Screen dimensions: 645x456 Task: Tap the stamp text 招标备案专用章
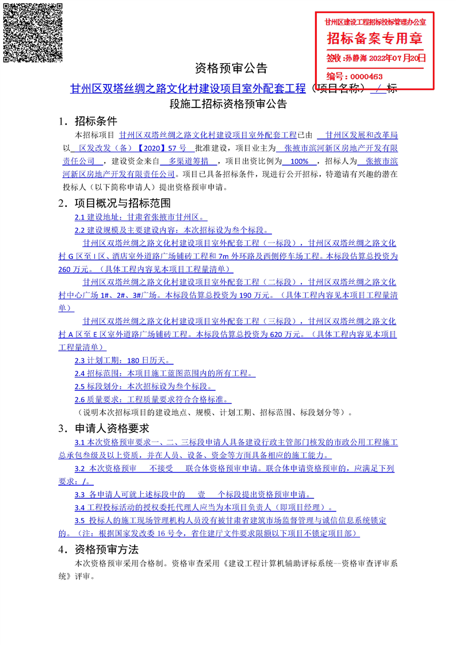(x=375, y=39)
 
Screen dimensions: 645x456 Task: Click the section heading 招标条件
(x=95, y=121)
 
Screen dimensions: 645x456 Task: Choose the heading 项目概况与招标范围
(x=122, y=203)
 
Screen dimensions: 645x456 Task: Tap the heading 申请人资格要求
(x=112, y=428)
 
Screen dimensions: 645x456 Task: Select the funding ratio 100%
(x=300, y=161)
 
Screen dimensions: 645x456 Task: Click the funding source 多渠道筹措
(x=189, y=161)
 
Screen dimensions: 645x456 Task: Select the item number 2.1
(x=80, y=218)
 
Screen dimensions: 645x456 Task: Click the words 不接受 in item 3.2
(x=162, y=468)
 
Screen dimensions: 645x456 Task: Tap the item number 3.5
(x=80, y=520)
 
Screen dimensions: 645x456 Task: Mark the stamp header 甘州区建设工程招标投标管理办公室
(x=375, y=22)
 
